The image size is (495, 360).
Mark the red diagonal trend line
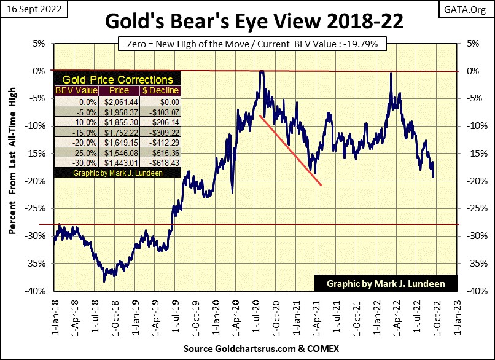[x=290, y=149]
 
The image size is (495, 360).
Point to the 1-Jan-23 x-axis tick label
[x=456, y=316]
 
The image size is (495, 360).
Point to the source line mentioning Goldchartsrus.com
[x=247, y=348]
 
